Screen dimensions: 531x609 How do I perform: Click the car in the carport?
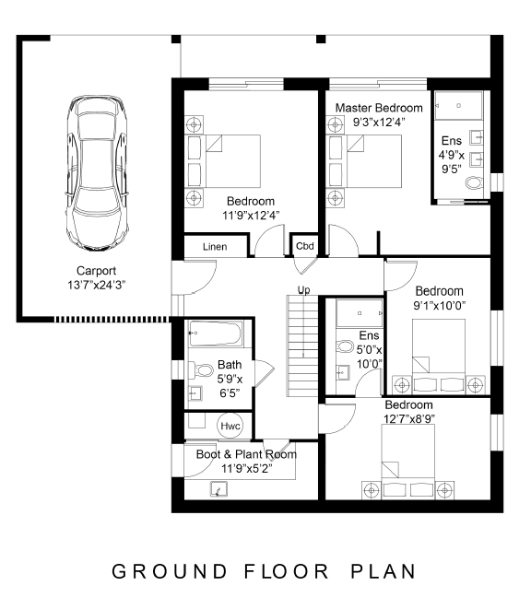97,173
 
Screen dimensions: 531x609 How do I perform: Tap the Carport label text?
96,271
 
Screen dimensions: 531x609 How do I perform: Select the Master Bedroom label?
379,108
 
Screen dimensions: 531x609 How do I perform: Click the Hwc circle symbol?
230,426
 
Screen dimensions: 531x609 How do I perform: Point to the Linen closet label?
215,247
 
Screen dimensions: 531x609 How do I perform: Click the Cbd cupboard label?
305,246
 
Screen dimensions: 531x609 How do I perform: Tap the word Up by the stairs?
303,290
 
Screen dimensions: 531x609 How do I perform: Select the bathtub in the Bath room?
216,334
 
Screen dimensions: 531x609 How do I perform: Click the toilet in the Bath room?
201,370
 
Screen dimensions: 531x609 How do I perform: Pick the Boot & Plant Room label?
246,454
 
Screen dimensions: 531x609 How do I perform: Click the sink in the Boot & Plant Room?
218,489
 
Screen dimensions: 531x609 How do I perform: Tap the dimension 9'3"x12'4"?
379,122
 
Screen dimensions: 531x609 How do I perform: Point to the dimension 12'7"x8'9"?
409,419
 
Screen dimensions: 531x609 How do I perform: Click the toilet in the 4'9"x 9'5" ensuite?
474,182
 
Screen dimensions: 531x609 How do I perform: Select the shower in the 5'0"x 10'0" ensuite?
360,312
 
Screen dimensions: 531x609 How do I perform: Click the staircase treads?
302,346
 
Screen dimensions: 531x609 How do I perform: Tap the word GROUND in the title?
170,571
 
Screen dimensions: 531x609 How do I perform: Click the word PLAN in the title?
383,571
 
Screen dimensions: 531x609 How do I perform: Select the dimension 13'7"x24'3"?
96,285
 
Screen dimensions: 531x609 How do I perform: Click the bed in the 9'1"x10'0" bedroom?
439,355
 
